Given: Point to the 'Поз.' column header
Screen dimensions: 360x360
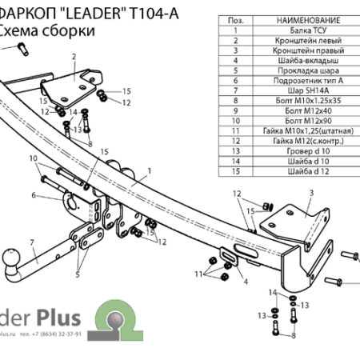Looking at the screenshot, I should coord(236,19).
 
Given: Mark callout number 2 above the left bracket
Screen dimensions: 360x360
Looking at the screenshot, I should coord(73,56).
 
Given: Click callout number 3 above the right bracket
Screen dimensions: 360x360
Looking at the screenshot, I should coord(310,194).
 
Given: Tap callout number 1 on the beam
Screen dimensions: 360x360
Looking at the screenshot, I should coord(148,171).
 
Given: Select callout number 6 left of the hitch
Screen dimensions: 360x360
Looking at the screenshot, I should coord(34,195).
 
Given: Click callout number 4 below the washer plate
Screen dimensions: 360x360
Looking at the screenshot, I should coord(246,282).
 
